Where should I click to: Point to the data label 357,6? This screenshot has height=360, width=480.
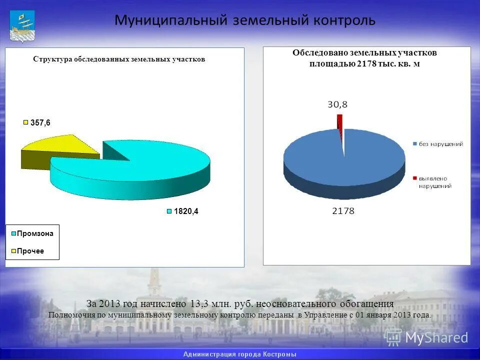coord(40,122)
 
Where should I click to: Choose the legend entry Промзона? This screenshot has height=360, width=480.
coord(34,233)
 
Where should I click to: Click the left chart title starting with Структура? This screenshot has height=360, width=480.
coord(119,59)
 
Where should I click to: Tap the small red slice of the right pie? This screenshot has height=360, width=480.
coord(340,120)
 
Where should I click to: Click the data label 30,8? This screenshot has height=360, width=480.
coord(337,104)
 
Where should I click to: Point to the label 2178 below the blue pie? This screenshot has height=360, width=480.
coord(343,211)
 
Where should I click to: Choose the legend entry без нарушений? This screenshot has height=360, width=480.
coord(441,144)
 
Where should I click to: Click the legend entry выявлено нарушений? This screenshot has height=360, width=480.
coord(435,182)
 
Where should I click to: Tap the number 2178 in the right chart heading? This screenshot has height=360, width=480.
coord(365,63)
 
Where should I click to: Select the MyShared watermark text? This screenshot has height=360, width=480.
coord(436,337)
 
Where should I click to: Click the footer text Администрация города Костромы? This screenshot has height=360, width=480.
coord(239,354)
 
